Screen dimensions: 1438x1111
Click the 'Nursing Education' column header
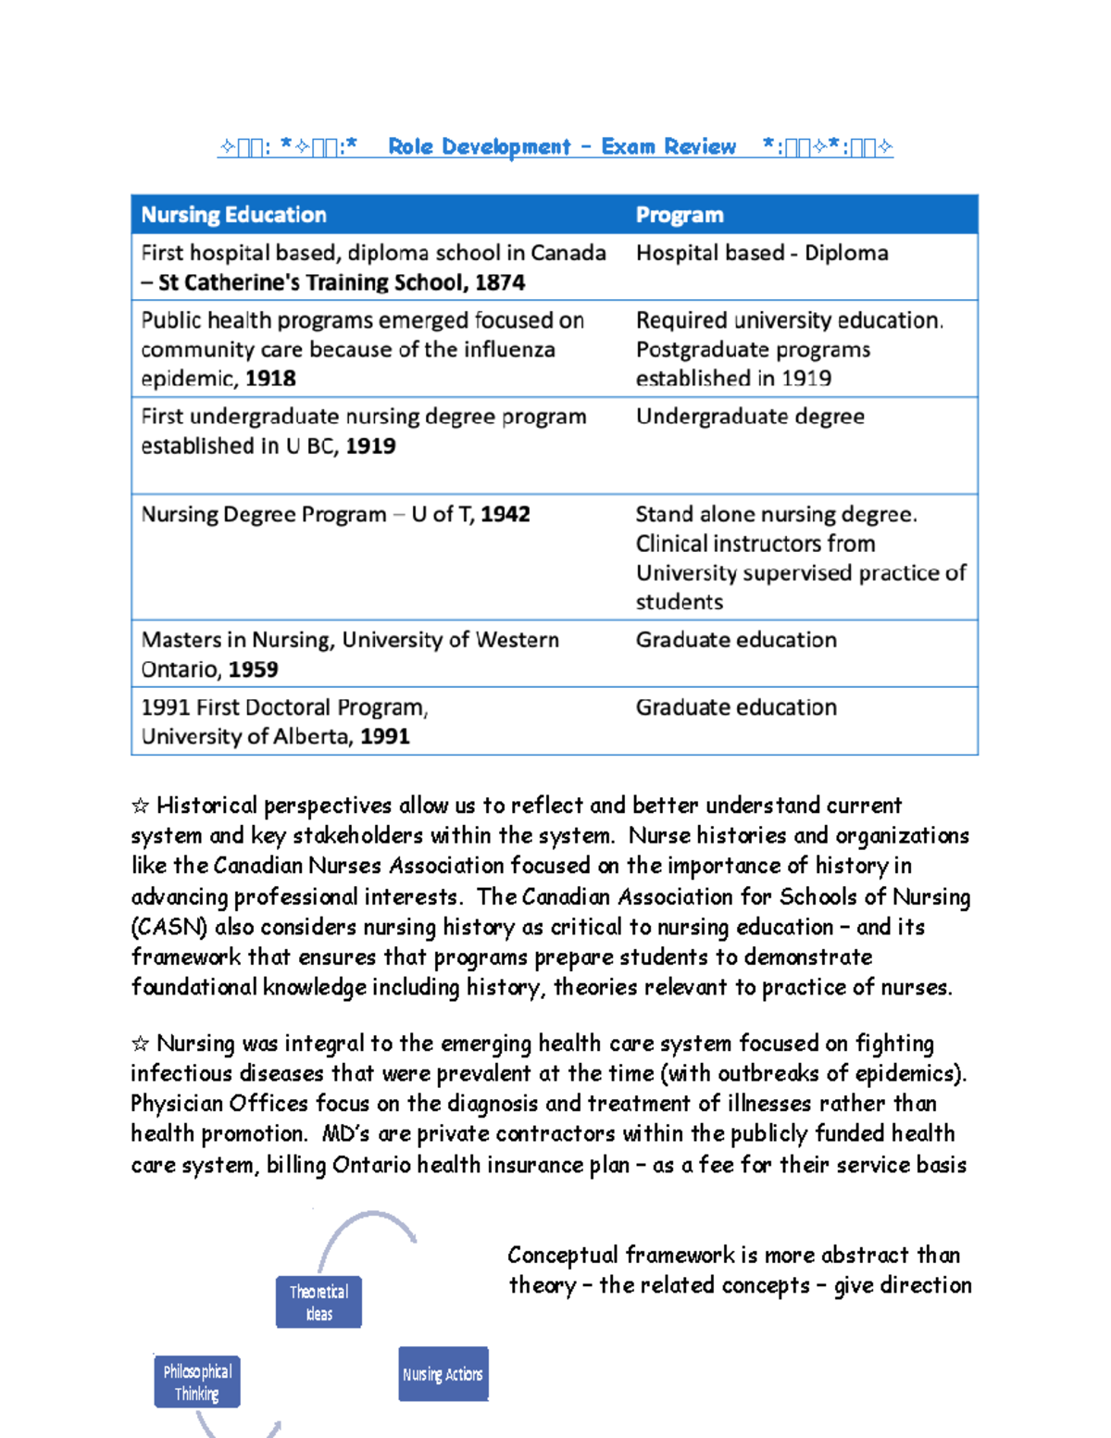point(233,215)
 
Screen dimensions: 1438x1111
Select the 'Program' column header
point(679,215)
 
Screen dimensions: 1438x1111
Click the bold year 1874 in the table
point(500,282)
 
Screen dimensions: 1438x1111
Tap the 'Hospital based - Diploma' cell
point(761,253)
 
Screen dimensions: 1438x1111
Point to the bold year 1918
point(270,379)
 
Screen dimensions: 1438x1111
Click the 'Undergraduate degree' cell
point(750,417)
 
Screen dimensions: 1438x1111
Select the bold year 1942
point(506,515)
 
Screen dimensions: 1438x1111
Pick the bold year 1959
point(253,669)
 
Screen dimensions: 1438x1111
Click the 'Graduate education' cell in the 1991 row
point(736,707)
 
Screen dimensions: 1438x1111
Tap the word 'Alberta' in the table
point(312,737)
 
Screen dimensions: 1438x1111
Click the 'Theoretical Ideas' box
point(318,1302)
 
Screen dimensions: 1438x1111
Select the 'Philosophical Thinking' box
point(197,1382)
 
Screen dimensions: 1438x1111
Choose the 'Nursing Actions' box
point(443,1374)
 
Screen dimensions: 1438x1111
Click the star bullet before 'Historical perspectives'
point(140,806)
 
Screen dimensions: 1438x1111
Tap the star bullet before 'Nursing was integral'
point(140,1044)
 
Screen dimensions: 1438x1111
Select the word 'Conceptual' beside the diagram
point(562,1256)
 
